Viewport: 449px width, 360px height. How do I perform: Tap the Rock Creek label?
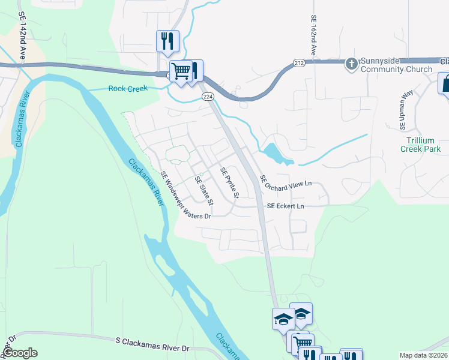coord(127,89)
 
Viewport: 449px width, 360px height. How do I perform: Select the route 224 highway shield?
coord(208,96)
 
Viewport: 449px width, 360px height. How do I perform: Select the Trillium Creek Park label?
coord(423,145)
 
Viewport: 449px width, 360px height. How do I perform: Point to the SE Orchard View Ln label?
coord(287,181)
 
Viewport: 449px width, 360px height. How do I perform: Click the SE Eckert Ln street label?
coord(285,206)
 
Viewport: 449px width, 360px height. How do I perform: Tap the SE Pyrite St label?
coord(229,182)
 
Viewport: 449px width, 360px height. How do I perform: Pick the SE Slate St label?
coord(204,189)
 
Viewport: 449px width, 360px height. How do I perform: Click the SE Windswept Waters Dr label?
coord(185,195)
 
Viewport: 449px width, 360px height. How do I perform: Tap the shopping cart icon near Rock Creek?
coord(180,71)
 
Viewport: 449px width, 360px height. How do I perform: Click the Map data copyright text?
coord(424,355)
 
